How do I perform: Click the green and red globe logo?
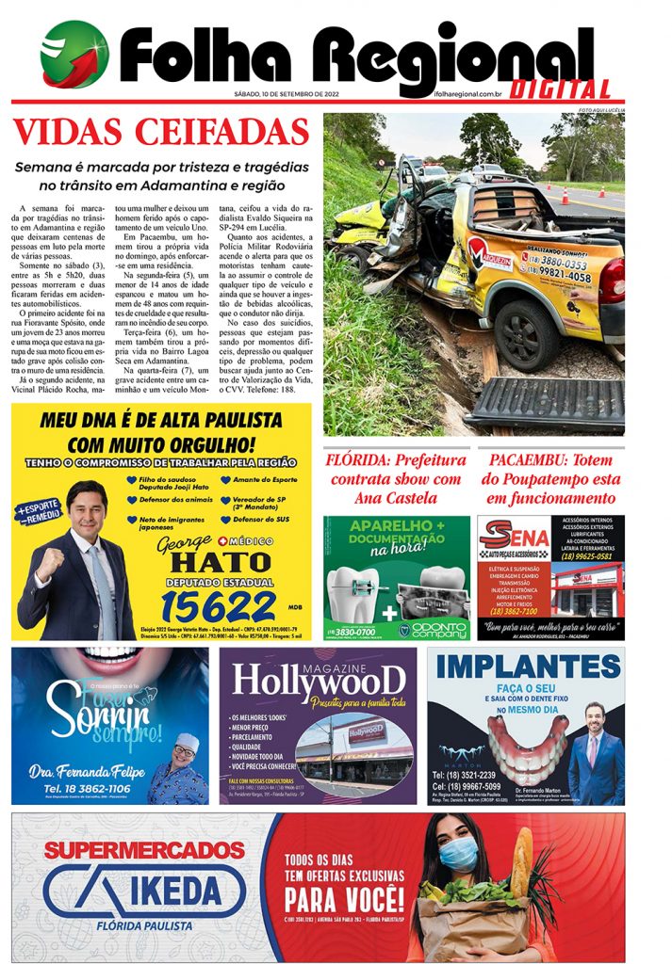pos(74,55)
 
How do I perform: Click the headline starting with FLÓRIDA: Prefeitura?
pos(396,479)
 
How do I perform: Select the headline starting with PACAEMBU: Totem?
pos(551,479)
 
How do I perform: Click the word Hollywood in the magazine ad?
pos(321,680)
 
